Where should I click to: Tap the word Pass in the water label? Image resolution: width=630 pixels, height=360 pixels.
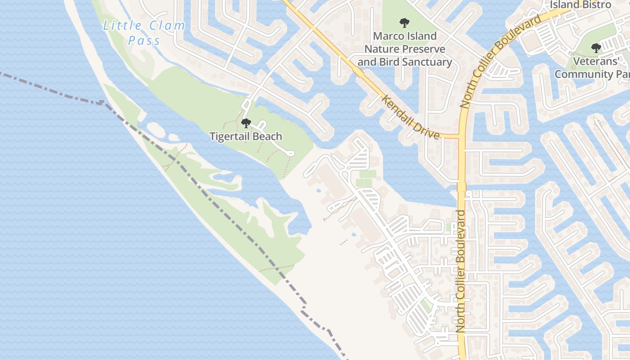pos(144,41)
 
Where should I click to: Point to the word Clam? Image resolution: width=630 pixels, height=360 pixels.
pos(163,25)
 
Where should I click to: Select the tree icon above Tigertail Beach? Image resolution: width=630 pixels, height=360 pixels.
pos(246,123)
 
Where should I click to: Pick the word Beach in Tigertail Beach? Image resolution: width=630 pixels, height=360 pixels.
pos(267,136)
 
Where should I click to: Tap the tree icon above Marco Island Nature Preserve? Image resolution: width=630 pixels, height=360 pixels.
pos(405,22)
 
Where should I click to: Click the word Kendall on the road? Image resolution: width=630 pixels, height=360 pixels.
pos(396,108)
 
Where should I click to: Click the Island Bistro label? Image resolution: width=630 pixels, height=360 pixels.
pos(581,4)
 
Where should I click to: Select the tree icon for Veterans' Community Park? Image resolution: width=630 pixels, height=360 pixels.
pos(596,47)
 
